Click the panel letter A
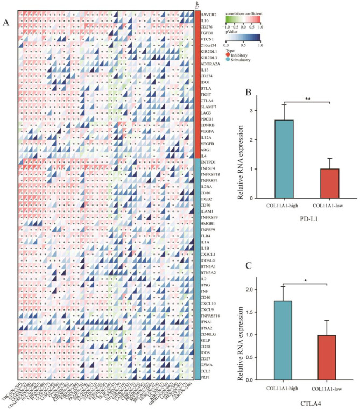click(x=6, y=23)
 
